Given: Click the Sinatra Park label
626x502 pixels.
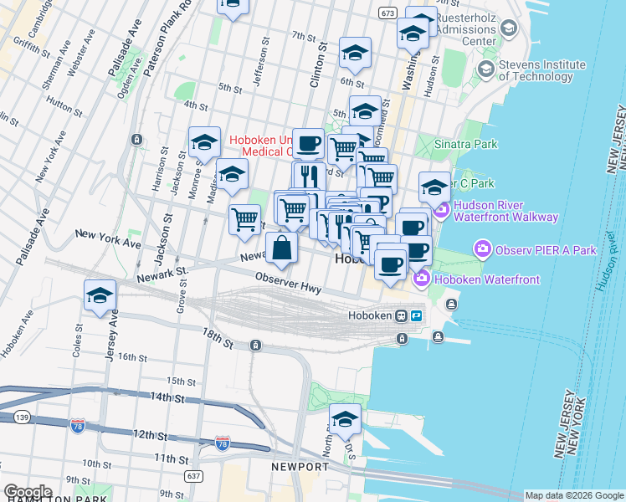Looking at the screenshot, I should click(x=465, y=144).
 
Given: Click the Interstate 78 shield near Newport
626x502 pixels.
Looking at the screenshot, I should click(x=223, y=441).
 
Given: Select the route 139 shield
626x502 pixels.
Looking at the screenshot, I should click(x=23, y=417).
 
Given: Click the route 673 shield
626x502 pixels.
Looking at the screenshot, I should click(x=387, y=13).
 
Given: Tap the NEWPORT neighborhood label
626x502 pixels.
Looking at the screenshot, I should click(x=300, y=466).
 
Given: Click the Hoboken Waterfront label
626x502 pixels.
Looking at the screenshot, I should click(x=464, y=277).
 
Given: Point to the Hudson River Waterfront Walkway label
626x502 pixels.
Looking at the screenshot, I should click(x=505, y=211).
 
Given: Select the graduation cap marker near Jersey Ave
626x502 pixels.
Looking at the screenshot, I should click(x=100, y=295).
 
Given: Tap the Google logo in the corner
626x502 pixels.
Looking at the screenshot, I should click(x=28, y=492).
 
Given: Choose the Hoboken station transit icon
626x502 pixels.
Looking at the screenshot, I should click(x=402, y=316).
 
